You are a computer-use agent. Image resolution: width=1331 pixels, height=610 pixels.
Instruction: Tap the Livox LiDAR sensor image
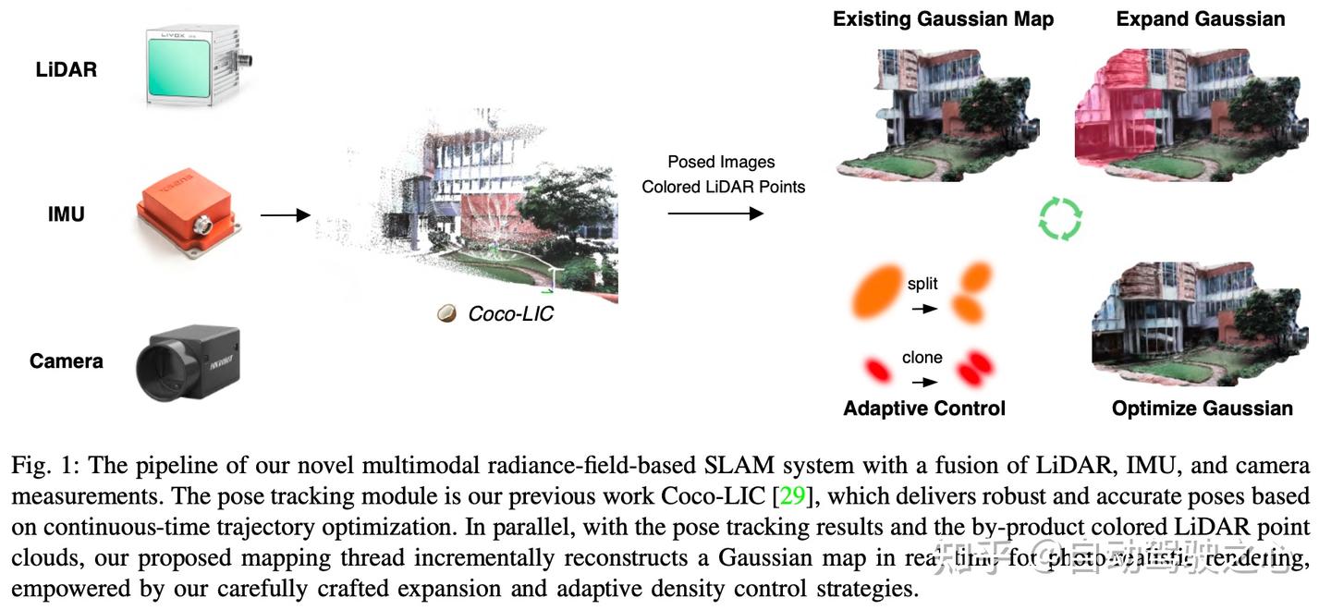pyautogui.click(x=196, y=67)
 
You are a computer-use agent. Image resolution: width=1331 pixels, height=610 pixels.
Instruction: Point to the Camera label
pyautogui.click(x=67, y=360)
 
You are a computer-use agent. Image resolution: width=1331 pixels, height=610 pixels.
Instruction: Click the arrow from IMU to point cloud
pyautogui.click(x=286, y=215)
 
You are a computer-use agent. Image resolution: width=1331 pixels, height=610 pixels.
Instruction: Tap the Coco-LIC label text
pyautogui.click(x=510, y=314)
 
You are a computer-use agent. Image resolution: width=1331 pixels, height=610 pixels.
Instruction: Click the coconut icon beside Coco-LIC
pyautogui.click(x=447, y=314)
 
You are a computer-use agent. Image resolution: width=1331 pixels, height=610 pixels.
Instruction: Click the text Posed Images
pyautogui.click(x=721, y=163)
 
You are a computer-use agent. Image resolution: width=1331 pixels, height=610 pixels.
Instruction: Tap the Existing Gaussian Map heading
pyautogui.click(x=943, y=18)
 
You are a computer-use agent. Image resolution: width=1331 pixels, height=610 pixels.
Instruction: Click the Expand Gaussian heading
pyautogui.click(x=1201, y=18)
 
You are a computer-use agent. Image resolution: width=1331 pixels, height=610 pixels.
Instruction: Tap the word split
pyautogui.click(x=922, y=285)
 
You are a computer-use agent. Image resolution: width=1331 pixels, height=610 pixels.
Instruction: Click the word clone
pyautogui.click(x=922, y=358)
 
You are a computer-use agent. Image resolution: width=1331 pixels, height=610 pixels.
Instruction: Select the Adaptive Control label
pyautogui.click(x=924, y=409)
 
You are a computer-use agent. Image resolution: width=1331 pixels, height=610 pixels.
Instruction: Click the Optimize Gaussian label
pyautogui.click(x=1202, y=409)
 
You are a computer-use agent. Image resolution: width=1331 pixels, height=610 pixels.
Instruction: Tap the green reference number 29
pyautogui.click(x=792, y=496)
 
